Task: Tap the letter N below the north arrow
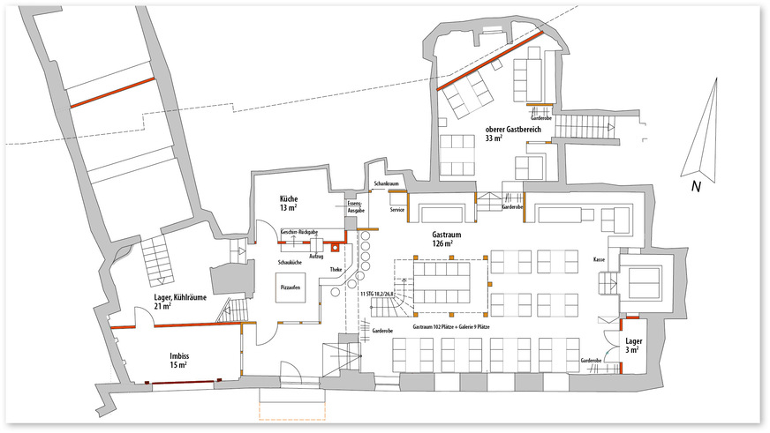tap(696, 186)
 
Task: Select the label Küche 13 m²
tap(288, 203)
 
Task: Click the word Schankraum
tap(387, 184)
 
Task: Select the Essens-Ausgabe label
tap(353, 207)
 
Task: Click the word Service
tap(397, 210)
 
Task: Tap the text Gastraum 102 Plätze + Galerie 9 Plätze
tap(451, 326)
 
